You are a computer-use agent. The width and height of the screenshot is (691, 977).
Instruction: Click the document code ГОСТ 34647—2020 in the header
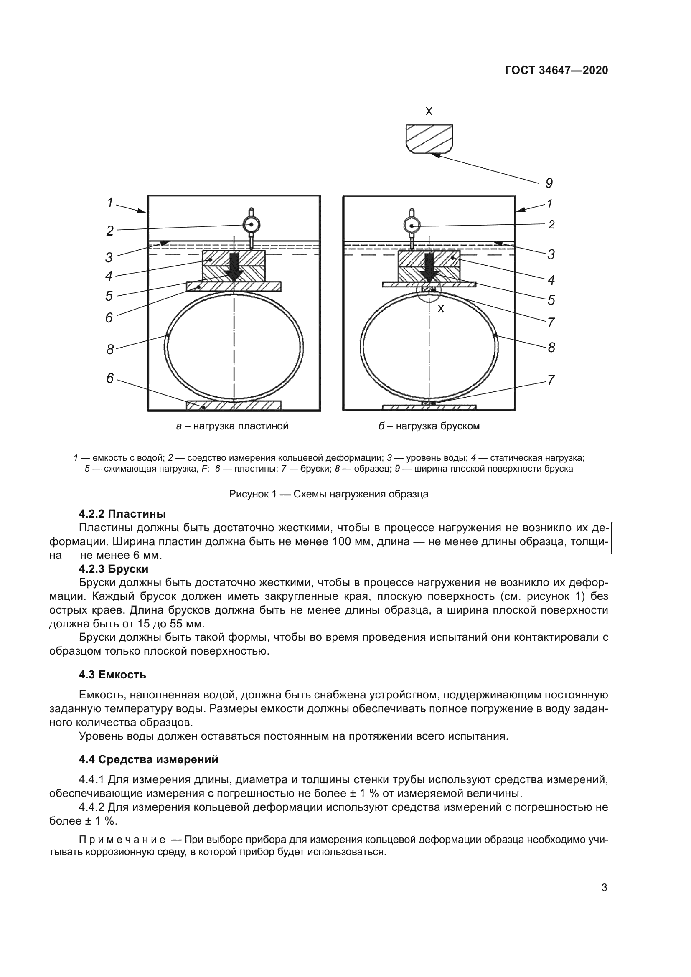click(x=556, y=71)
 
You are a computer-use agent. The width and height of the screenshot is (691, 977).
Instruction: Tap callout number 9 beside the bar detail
click(x=549, y=183)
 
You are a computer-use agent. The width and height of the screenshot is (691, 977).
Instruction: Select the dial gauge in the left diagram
click(x=251, y=224)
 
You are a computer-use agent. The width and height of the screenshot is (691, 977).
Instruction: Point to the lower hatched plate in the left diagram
click(x=234, y=406)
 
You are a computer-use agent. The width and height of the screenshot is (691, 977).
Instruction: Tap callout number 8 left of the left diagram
click(x=110, y=350)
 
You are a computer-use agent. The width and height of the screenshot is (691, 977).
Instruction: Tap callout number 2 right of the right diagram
click(x=551, y=225)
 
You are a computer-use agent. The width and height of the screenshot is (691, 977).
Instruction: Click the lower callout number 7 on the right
click(x=551, y=380)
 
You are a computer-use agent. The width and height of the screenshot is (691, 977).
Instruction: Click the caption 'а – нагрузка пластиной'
click(x=232, y=426)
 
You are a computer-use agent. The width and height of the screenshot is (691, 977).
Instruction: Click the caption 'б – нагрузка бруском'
click(x=429, y=426)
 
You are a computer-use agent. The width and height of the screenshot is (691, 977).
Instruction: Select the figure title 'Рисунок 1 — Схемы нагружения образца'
click(x=328, y=494)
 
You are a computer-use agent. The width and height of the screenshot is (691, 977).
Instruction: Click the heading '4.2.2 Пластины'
click(x=122, y=514)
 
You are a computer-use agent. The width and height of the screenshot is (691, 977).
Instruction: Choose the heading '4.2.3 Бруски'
click(x=114, y=569)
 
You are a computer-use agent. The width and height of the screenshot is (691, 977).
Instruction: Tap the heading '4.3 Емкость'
click(x=112, y=675)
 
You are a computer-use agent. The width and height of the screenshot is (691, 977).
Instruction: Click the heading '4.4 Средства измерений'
click(x=148, y=759)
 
